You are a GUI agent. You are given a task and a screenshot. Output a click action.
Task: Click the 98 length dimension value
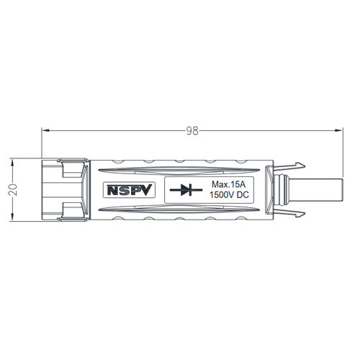[x=192, y=131]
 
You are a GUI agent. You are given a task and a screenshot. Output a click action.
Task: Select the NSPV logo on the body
[x=127, y=191]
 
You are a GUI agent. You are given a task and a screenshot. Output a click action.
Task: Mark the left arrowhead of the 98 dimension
[x=46, y=130]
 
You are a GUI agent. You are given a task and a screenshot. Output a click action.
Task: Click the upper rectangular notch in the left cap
[x=71, y=171]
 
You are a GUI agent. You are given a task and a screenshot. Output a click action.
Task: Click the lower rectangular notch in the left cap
[x=71, y=210]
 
